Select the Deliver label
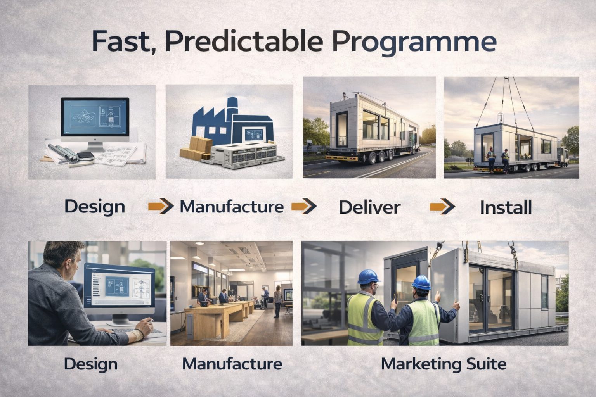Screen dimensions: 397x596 tap(369, 207)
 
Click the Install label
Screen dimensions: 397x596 tap(506, 207)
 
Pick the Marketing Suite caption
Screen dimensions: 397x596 tap(444, 364)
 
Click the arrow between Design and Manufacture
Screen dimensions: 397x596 tap(161, 207)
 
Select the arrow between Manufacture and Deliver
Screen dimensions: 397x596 tap(304, 207)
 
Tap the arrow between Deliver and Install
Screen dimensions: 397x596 tap(442, 207)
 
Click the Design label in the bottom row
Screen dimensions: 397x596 tap(90, 364)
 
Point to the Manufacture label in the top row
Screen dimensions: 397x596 tap(232, 207)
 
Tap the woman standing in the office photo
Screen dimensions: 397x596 tap(277, 301)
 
